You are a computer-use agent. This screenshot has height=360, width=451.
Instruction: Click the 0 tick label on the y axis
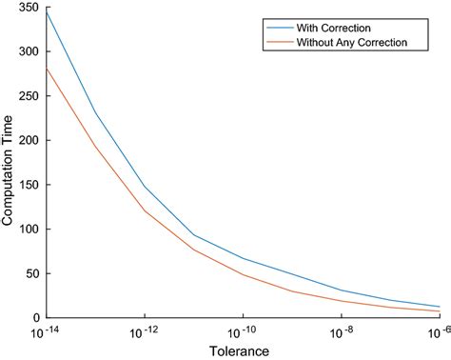(x=36, y=317)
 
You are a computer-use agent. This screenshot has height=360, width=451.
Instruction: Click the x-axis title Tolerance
(x=243, y=350)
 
